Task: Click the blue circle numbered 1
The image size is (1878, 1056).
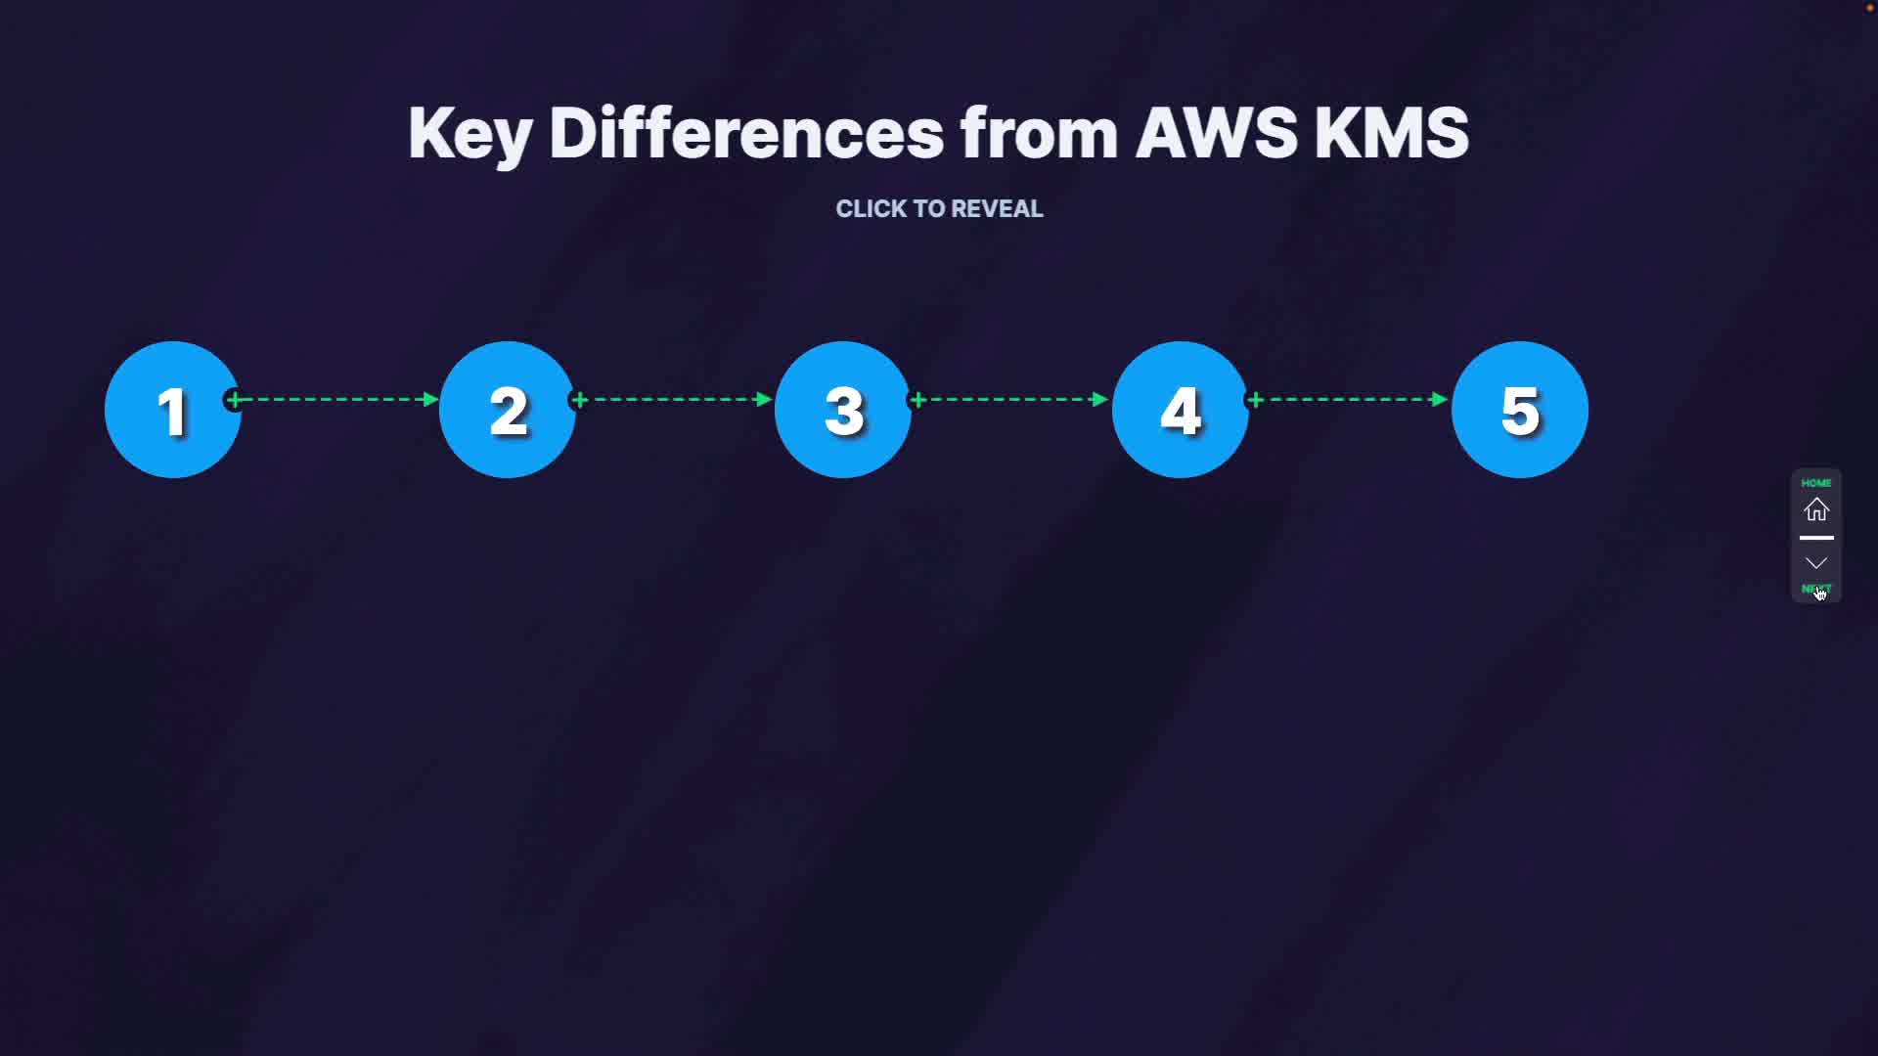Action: [x=172, y=410]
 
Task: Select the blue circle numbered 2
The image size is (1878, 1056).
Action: [x=508, y=410]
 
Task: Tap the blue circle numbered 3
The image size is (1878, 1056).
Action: [x=843, y=410]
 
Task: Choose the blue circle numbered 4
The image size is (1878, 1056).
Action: [x=1181, y=410]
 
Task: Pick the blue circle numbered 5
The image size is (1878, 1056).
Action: [x=1520, y=410]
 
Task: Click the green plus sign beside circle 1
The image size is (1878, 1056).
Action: [x=234, y=399]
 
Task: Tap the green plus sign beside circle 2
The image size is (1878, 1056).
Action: [x=579, y=399]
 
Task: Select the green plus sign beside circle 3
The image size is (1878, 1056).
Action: [x=917, y=399]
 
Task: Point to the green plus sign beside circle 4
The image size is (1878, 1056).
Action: [x=1256, y=399]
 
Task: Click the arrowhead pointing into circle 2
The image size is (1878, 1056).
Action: [x=430, y=399]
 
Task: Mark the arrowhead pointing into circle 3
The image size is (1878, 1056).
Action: [x=765, y=399]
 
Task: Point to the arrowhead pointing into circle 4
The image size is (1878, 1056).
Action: [x=1100, y=399]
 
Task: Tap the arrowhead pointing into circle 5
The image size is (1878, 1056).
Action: [x=1439, y=399]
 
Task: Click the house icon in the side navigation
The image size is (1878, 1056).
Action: [x=1816, y=509]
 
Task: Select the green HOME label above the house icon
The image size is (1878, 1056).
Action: [x=1816, y=483]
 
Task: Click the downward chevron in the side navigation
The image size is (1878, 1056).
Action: [x=1816, y=563]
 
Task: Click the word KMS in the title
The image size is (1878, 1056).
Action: [x=1391, y=133]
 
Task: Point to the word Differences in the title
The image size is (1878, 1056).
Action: [x=746, y=133]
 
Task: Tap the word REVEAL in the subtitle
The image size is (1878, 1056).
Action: [x=997, y=209]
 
